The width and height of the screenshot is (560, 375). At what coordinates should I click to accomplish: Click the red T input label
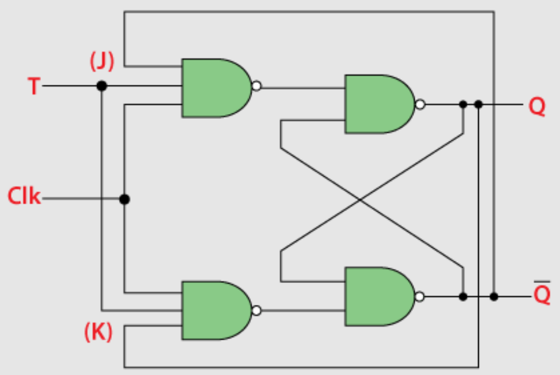click(34, 86)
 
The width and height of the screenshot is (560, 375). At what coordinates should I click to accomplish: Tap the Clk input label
click(24, 196)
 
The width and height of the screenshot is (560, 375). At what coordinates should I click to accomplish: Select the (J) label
click(102, 61)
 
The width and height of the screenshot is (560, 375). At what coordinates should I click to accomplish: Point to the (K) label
click(98, 332)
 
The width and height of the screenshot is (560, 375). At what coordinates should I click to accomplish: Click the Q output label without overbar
click(537, 106)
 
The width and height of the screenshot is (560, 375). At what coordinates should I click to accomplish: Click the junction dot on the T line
click(102, 86)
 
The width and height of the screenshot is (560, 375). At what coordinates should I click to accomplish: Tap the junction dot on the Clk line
click(125, 199)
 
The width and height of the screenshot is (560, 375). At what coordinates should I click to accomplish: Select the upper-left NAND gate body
click(216, 88)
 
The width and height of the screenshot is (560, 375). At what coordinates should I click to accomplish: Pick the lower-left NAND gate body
click(216, 310)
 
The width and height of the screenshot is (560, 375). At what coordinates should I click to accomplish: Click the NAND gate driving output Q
click(380, 104)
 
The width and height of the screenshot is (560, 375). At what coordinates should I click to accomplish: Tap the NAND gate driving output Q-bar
click(380, 296)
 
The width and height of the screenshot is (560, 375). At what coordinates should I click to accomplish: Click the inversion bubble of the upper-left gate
click(256, 86)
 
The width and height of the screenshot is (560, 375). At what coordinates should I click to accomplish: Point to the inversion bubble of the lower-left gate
click(256, 310)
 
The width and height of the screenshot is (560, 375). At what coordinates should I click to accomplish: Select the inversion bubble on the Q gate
click(420, 104)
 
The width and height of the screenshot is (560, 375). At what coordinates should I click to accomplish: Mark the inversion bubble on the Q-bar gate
click(420, 296)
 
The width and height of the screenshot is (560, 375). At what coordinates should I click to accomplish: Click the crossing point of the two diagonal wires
click(360, 201)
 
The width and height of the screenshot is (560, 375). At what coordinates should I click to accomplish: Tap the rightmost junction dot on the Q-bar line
click(494, 296)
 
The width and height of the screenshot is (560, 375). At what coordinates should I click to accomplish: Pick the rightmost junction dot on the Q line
click(479, 104)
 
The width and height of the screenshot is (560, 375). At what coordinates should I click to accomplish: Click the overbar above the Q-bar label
click(542, 282)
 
